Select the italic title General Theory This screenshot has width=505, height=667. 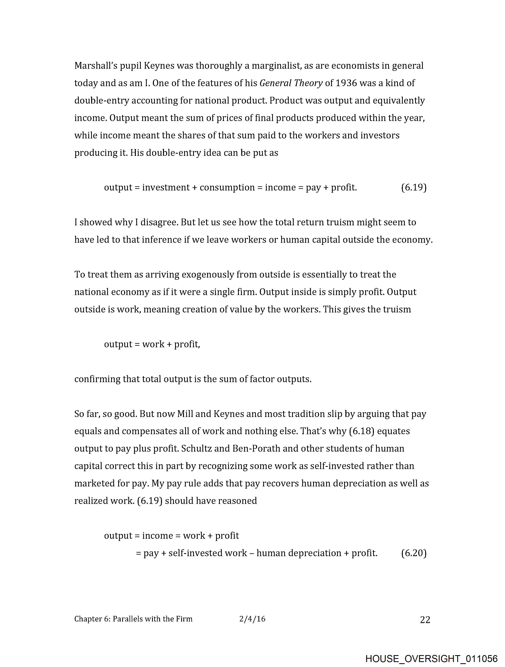[291, 83]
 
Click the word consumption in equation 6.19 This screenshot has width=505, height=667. [227, 187]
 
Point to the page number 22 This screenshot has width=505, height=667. [425, 620]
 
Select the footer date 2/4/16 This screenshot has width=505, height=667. [252, 619]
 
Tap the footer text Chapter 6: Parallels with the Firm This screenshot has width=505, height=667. [133, 619]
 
